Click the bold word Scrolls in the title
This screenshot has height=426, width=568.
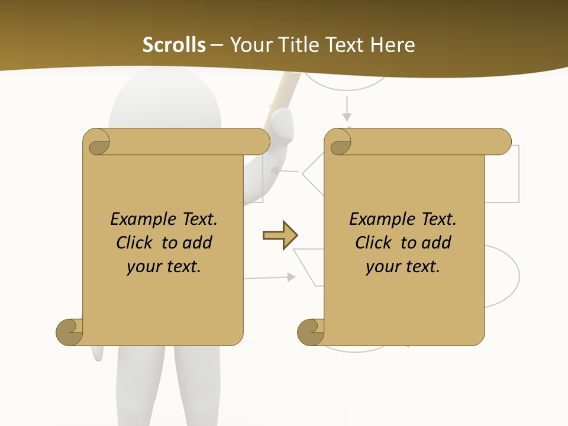coord(174,45)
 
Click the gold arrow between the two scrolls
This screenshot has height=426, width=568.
coord(280,235)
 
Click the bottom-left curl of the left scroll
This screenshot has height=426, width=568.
coord(70,333)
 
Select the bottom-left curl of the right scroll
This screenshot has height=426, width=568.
coord(311,333)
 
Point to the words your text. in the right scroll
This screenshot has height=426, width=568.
coord(403,266)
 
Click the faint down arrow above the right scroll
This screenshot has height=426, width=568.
coord(347,109)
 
